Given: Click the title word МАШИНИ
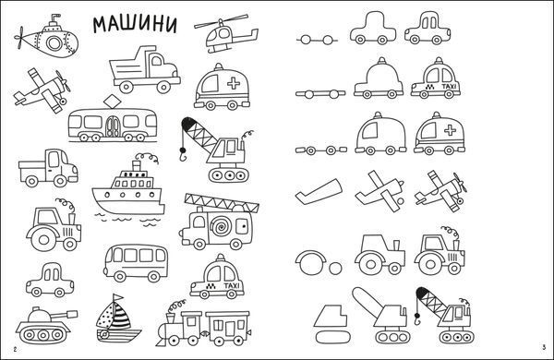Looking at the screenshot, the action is (135, 25).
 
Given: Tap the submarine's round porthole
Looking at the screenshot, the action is (54, 43).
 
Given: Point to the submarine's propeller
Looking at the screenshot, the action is (19, 37).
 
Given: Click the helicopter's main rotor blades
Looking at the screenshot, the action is (222, 21).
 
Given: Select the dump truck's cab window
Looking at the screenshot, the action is (157, 61).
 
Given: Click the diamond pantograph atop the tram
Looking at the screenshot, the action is (113, 101).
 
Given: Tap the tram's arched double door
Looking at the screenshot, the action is (113, 126).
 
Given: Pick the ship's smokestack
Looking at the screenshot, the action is (137, 165).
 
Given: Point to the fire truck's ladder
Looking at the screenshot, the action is (222, 202).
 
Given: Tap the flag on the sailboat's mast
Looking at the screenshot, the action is (117, 296).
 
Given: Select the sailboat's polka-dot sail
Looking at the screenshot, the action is (105, 316).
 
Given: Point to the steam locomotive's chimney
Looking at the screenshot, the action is (171, 318).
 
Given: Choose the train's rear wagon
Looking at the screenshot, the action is (228, 326).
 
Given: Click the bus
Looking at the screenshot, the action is (136, 263).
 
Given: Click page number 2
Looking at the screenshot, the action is (15, 350).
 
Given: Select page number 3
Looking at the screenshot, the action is (544, 348).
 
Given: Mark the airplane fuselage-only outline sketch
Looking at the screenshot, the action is (319, 191).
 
